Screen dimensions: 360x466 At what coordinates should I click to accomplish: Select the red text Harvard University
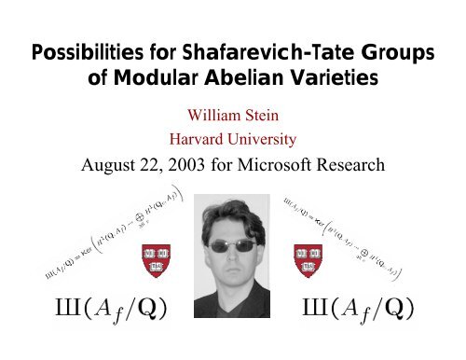pos(234,141)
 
